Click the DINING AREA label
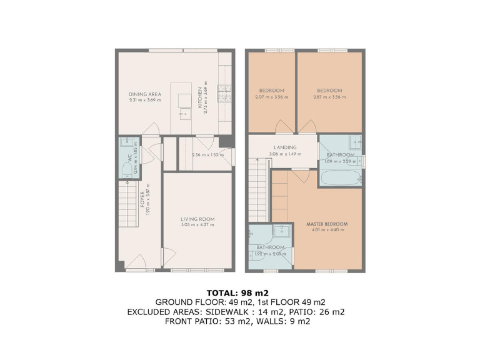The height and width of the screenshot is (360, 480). click(145, 94)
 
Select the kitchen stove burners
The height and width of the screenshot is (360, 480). click(223, 93)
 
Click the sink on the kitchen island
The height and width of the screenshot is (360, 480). click(185, 114)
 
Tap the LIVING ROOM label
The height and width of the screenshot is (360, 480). click(197, 219)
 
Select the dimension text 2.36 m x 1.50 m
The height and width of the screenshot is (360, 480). click(208, 155)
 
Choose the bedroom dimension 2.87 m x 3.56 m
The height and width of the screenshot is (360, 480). click(328, 97)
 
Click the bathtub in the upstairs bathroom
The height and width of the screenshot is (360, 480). click(341, 178)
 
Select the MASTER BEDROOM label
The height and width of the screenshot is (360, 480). click(327, 224)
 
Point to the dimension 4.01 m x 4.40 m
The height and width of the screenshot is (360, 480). click(327, 230)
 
